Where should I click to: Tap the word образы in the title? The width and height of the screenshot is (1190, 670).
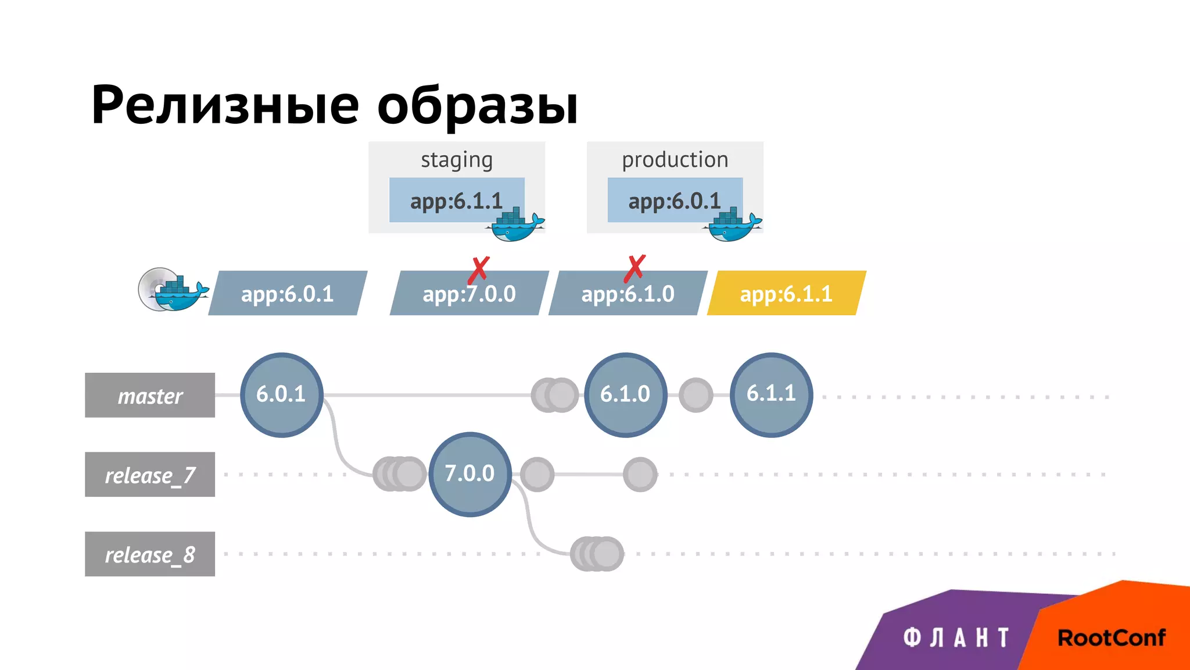coord(478,106)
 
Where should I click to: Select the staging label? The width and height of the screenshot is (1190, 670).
coord(457,159)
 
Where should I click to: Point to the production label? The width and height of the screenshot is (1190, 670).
coord(675,159)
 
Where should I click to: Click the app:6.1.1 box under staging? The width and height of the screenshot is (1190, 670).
coord(457,201)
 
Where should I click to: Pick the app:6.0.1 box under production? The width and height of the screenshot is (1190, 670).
coord(675,201)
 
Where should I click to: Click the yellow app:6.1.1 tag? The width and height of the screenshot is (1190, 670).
coord(786,294)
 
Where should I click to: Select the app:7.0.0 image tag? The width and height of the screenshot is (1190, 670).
coord(469,294)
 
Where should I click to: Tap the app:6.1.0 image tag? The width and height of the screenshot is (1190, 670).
coord(628,294)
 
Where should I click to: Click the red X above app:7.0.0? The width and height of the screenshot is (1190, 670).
coord(479,270)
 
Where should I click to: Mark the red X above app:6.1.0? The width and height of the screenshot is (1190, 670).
coord(635,268)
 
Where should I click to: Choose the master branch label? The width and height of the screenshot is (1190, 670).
coord(150,395)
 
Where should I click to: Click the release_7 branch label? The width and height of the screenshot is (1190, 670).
coord(150,475)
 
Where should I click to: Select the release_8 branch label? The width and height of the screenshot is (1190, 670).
coord(150,554)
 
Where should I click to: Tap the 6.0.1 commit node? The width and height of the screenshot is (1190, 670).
coord(281,394)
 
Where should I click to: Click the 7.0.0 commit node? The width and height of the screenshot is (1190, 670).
coord(469,474)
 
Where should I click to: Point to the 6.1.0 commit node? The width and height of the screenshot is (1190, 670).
coord(625,394)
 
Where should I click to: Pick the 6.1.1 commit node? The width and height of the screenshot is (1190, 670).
coord(771,394)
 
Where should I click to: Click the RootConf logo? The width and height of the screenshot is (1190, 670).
coord(1111,638)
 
